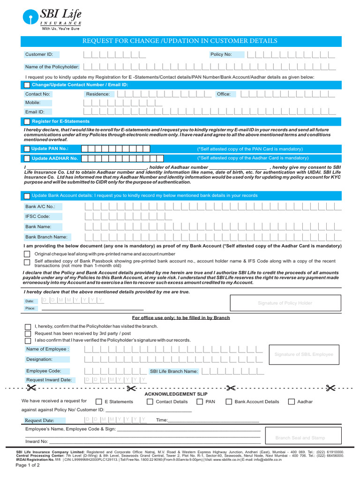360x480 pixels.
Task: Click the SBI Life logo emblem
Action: click(x=31, y=18)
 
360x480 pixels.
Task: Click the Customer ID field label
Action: click(x=39, y=54)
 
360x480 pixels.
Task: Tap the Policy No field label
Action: click(x=221, y=54)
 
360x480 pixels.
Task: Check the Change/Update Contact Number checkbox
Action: click(x=27, y=85)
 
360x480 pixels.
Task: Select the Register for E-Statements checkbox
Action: click(x=27, y=121)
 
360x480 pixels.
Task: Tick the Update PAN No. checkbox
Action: click(x=27, y=149)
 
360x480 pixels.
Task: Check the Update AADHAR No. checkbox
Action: click(x=27, y=158)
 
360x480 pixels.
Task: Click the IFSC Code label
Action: click(x=37, y=217)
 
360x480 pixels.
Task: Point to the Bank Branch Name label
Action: click(x=46, y=237)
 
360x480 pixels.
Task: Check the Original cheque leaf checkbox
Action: click(x=27, y=254)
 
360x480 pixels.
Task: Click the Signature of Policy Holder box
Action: click(x=285, y=303)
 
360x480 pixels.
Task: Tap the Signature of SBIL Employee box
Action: click(x=304, y=354)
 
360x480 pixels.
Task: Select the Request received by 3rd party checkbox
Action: click(x=27, y=333)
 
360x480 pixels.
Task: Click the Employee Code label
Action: click(x=44, y=371)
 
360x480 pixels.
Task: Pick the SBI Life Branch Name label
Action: click(x=173, y=371)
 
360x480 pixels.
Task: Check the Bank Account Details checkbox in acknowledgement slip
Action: click(x=229, y=402)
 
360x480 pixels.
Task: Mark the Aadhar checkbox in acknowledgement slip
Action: click(x=292, y=402)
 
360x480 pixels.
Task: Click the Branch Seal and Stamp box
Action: click(x=300, y=438)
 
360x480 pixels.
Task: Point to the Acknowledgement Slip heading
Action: click(x=176, y=394)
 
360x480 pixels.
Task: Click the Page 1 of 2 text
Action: click(x=28, y=472)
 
